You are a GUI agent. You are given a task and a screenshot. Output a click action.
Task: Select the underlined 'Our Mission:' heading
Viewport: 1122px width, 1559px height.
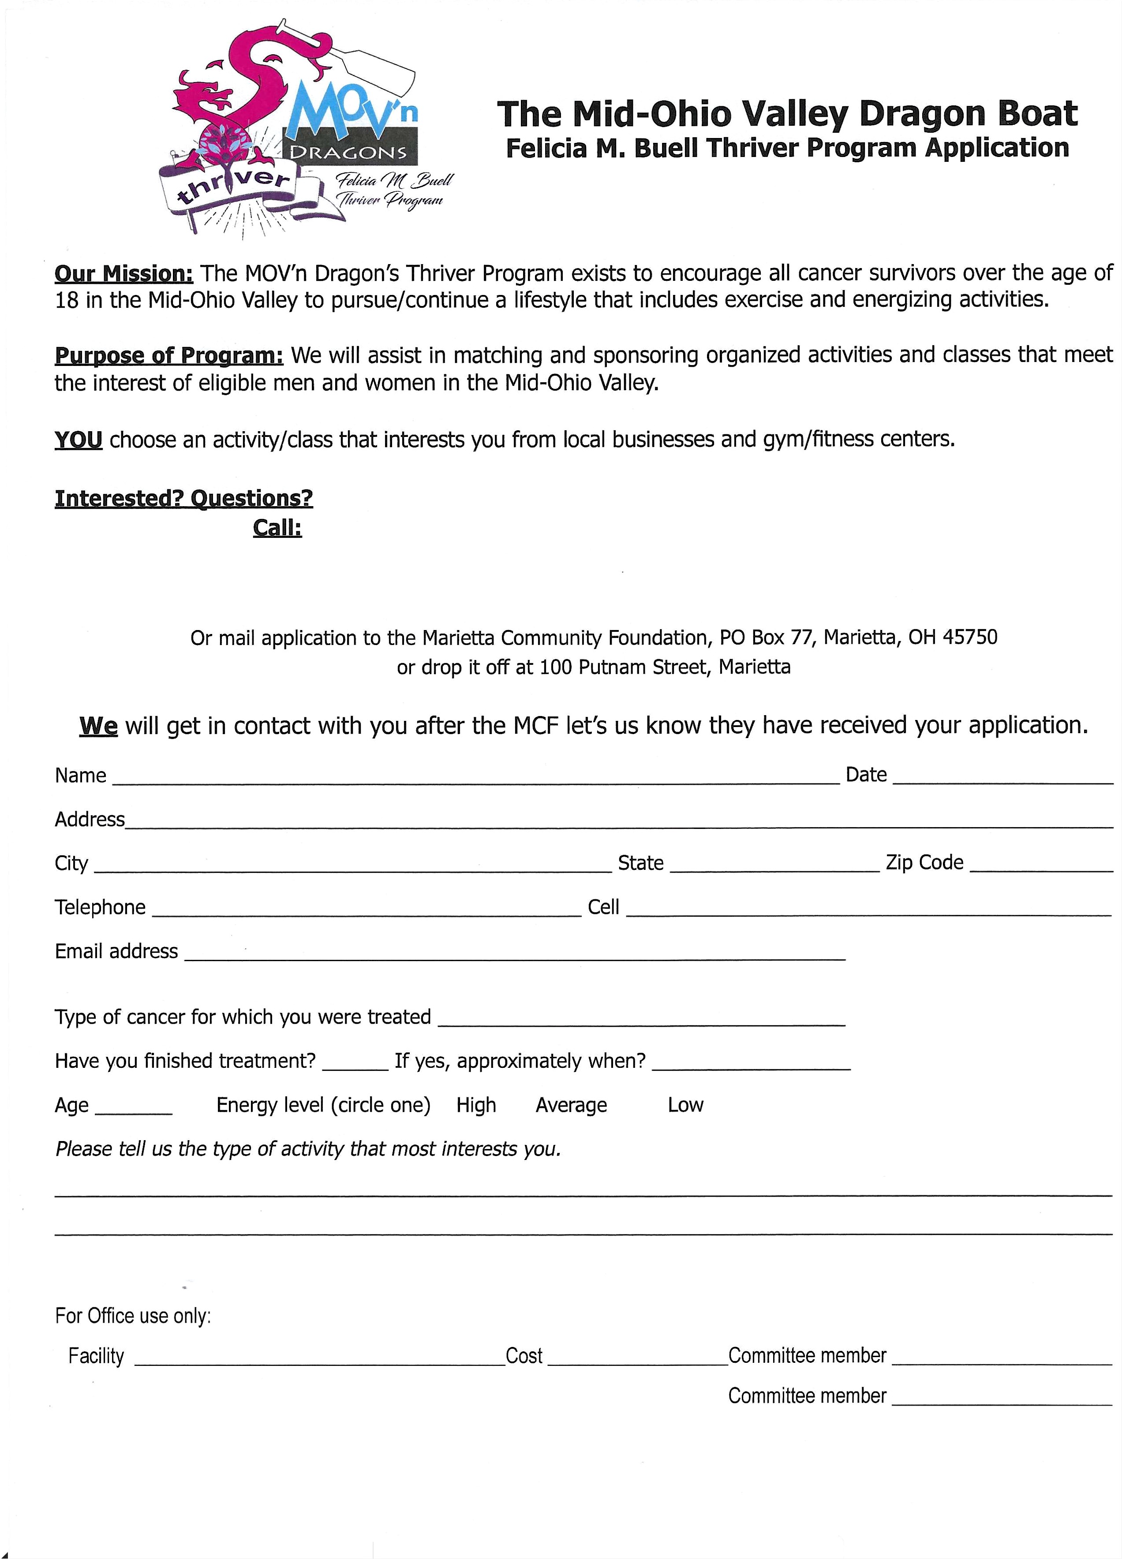(124, 274)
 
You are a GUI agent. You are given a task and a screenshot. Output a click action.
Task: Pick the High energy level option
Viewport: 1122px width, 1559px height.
(476, 1104)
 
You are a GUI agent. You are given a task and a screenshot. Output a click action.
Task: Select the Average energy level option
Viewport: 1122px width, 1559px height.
(571, 1104)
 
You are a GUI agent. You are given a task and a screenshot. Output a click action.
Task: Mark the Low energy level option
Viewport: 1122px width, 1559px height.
(685, 1104)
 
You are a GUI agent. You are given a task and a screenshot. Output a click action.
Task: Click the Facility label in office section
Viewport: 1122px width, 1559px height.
(96, 1356)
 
